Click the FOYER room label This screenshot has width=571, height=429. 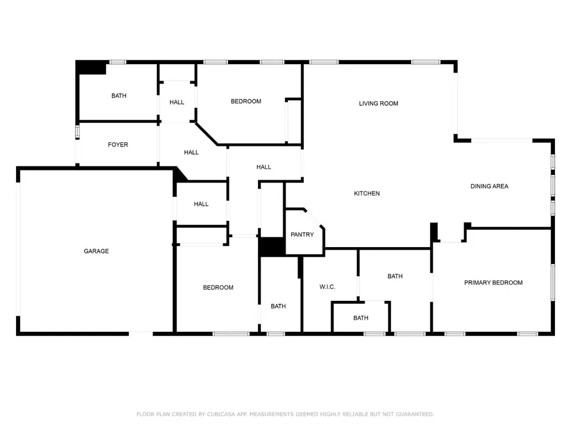(x=118, y=145)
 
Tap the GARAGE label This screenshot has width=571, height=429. (x=96, y=251)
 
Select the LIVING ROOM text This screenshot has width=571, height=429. (x=379, y=104)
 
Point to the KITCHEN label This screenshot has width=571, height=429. (x=367, y=193)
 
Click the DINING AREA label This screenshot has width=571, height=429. (x=489, y=186)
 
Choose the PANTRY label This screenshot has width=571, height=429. (x=302, y=235)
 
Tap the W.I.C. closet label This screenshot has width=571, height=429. (x=327, y=287)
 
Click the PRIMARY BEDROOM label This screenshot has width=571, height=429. (x=493, y=283)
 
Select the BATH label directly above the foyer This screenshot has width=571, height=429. (x=119, y=96)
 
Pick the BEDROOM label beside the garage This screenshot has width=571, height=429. (x=218, y=288)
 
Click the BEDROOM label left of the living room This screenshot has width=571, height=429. (x=246, y=101)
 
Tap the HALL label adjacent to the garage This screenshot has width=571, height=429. (x=201, y=204)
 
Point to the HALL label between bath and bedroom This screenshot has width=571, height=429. (x=176, y=102)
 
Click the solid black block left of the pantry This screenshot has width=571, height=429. (x=272, y=247)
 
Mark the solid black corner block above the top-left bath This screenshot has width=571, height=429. (x=91, y=68)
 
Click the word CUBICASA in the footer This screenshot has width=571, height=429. (x=221, y=414)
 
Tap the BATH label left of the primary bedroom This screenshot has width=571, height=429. (x=395, y=276)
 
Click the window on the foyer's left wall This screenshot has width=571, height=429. (x=77, y=132)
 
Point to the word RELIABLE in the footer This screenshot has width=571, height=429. (x=346, y=414)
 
